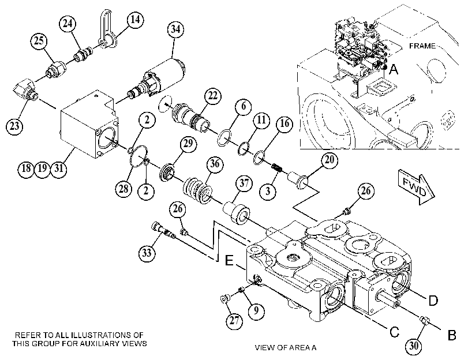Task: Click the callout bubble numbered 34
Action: point(175,29)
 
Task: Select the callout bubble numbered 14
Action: point(135,20)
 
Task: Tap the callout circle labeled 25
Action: point(39,40)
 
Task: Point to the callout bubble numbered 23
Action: point(14,126)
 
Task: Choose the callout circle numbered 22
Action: point(213,96)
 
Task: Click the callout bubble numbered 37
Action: point(244,183)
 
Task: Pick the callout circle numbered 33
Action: point(147,253)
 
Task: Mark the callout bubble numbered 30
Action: point(414,346)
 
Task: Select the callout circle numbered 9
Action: point(256,311)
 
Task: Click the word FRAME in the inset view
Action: point(422,46)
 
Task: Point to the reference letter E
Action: point(229,261)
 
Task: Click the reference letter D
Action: point(433,301)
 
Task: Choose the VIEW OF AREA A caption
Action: point(286,347)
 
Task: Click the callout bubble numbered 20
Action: point(330,160)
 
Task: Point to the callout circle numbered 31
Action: point(58,168)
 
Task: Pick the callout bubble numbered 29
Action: point(188,144)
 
